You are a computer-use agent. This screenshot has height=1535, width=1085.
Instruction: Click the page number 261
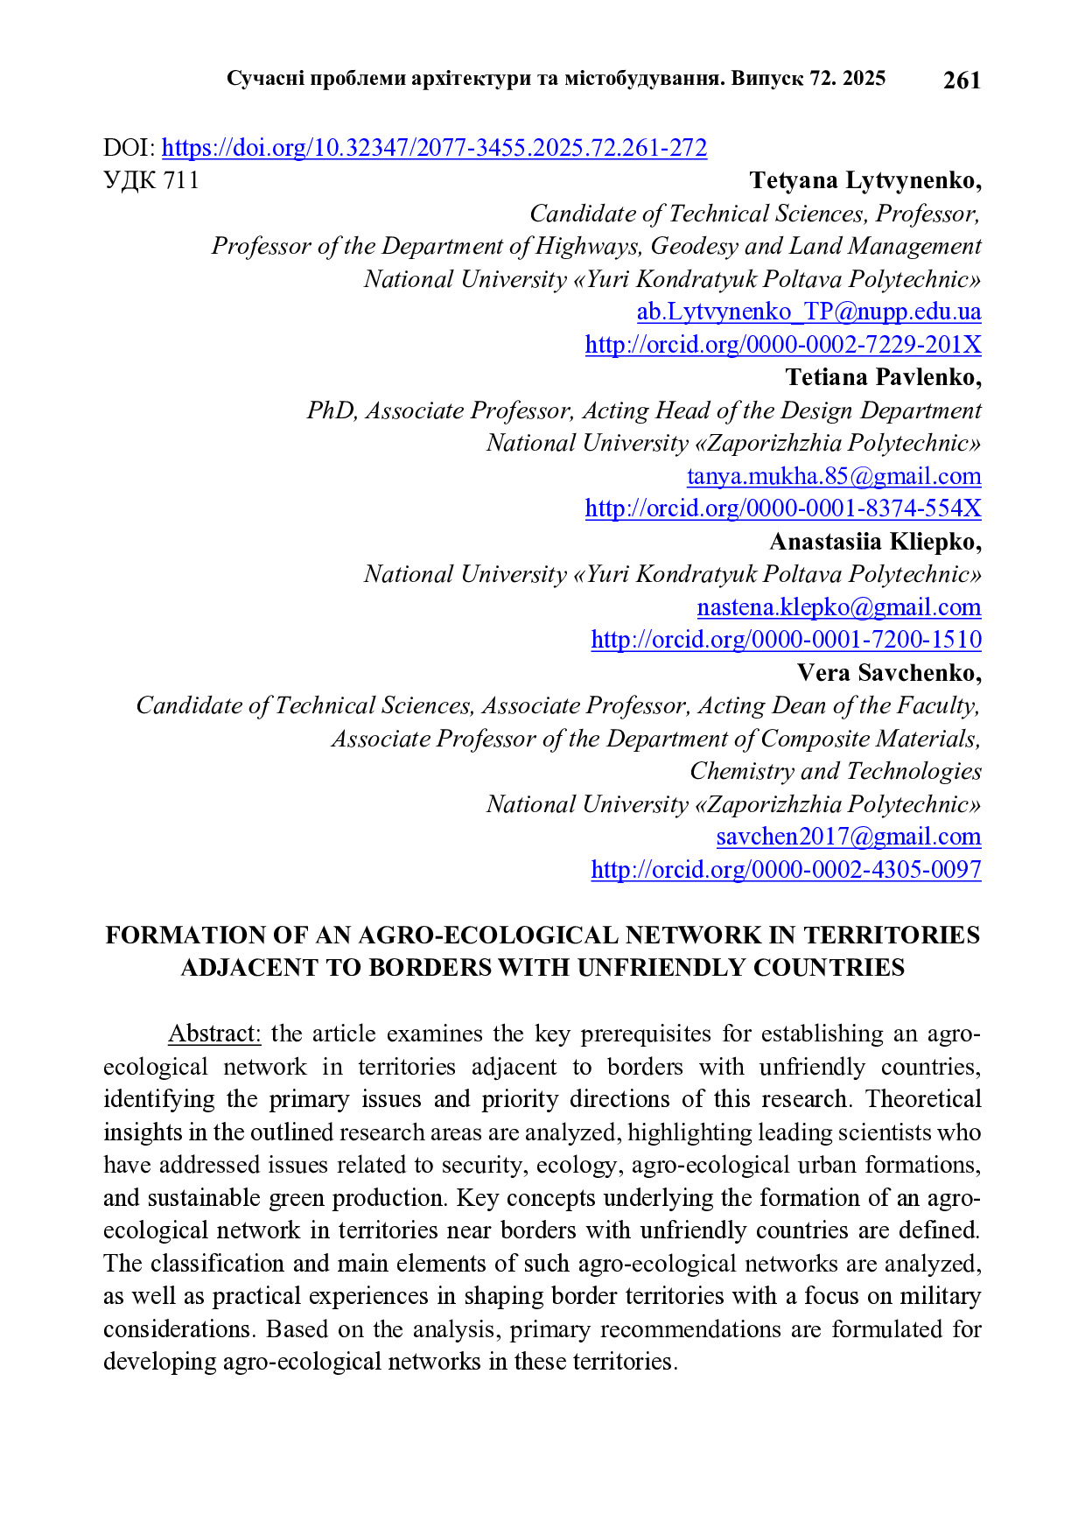tap(962, 81)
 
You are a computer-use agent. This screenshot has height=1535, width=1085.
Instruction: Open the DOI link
tap(434, 148)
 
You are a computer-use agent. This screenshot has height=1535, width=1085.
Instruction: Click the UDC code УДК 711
tap(151, 180)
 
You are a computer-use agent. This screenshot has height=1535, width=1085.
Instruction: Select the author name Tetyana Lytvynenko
tap(864, 180)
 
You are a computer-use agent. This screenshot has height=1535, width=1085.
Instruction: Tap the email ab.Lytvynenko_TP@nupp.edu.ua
tap(808, 312)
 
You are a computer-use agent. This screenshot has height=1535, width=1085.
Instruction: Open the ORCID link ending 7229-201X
tap(783, 345)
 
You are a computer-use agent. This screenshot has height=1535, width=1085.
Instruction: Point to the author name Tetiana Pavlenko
tap(883, 377)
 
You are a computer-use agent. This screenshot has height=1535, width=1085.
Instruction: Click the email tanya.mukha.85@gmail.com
tap(834, 476)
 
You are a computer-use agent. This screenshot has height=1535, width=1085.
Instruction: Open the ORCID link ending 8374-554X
tap(783, 508)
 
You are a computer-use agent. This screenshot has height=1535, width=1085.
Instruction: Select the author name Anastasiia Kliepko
tap(875, 542)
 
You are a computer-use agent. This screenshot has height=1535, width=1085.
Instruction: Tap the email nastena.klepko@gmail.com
tap(839, 607)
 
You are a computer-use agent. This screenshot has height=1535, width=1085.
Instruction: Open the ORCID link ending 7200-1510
tap(786, 640)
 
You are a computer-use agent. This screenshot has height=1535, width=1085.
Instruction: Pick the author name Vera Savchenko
tap(888, 673)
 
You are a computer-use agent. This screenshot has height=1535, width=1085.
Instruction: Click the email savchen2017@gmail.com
tap(849, 837)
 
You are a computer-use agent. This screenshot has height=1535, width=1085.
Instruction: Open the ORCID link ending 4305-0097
tap(786, 870)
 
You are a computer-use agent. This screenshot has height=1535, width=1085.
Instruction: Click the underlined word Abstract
tap(214, 1034)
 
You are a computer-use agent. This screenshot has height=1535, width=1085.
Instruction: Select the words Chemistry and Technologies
tap(835, 771)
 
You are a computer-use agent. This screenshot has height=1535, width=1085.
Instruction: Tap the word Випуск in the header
tap(767, 79)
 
